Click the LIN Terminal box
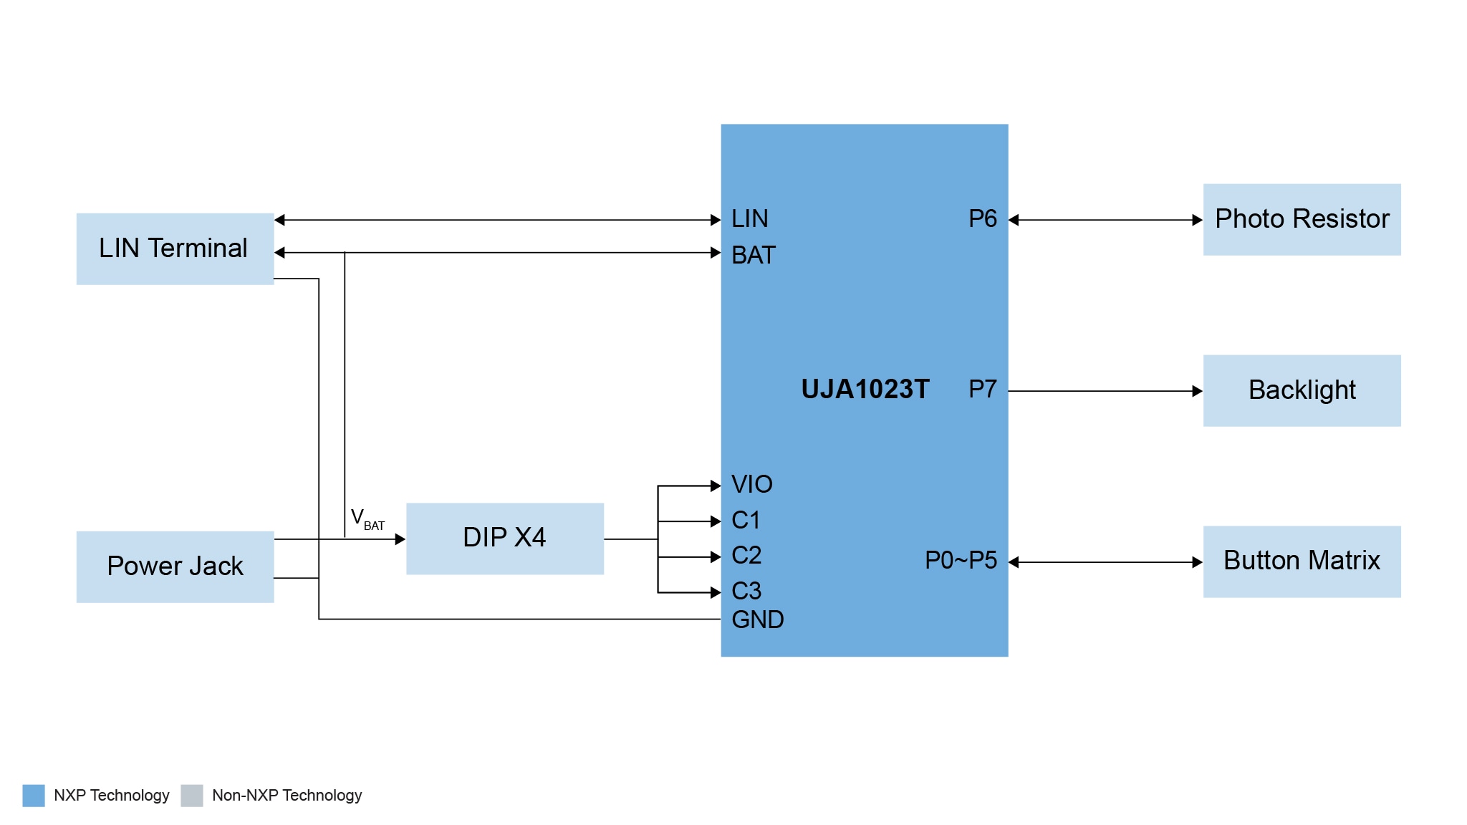click(x=175, y=249)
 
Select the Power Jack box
click(x=175, y=566)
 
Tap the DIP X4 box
click(x=504, y=538)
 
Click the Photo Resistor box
click(x=1302, y=219)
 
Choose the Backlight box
click(x=1302, y=390)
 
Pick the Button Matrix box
click(x=1302, y=561)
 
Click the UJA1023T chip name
click(x=865, y=389)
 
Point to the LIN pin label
click(x=749, y=218)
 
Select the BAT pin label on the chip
click(x=753, y=255)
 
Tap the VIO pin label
click(x=751, y=484)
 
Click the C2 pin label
click(x=746, y=555)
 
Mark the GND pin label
click(x=757, y=619)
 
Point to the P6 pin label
click(x=982, y=218)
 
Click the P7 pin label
click(x=982, y=389)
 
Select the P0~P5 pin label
click(x=961, y=560)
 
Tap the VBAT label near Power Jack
click(x=367, y=519)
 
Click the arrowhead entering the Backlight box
click(x=1197, y=391)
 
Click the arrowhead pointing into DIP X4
click(x=400, y=539)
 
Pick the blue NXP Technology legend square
click(x=34, y=795)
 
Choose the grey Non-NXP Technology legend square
click(x=192, y=795)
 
